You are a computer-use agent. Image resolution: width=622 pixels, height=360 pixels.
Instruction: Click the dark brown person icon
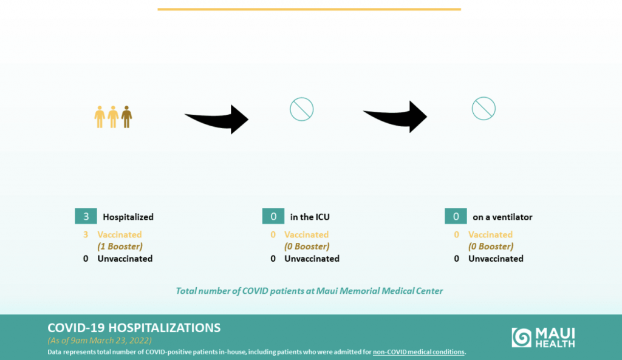126,117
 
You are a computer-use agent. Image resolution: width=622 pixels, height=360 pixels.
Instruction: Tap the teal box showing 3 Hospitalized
86,217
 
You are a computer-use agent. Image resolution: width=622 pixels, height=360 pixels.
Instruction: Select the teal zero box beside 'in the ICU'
273,217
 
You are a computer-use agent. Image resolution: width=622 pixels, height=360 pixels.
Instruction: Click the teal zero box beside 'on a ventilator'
456,217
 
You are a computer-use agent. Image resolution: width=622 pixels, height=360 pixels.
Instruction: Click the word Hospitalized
128,217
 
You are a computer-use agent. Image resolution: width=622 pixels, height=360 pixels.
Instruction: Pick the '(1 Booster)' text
120,246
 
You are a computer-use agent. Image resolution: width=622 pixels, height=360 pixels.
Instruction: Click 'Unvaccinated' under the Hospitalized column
125,259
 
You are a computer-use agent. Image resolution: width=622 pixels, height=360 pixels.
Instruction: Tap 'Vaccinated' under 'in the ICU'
307,235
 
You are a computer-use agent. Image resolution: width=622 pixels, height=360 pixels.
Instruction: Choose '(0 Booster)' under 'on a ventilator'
491,246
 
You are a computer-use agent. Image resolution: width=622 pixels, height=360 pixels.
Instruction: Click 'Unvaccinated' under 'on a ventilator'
496,259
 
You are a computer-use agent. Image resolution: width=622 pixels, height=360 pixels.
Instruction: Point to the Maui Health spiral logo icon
521,338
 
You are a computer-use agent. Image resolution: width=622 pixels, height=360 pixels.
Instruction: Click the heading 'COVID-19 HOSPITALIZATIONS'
134,328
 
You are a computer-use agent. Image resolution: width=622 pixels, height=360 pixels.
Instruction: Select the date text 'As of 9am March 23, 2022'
100,340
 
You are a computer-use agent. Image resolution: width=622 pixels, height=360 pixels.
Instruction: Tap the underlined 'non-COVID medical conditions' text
419,352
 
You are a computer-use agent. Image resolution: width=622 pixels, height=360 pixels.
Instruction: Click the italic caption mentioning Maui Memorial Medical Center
309,291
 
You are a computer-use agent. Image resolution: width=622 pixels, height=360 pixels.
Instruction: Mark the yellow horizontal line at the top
309,9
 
